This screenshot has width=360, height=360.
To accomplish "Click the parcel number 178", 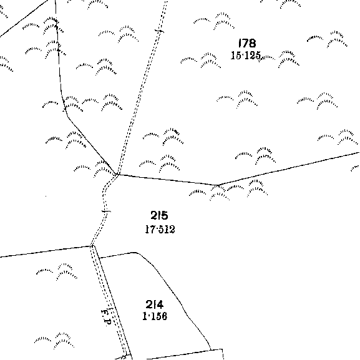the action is tap(247, 43).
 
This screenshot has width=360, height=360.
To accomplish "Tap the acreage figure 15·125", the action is tap(246, 56).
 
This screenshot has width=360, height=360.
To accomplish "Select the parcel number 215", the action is tap(159, 215).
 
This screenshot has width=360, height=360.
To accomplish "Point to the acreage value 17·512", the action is tap(160, 229).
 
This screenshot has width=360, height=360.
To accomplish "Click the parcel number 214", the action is tap(155, 304).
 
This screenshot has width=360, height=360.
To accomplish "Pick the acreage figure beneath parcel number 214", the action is tap(155, 316).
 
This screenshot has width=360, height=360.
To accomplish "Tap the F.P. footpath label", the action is tap(106, 318).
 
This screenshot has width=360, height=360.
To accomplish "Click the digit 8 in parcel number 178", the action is tap(252, 43).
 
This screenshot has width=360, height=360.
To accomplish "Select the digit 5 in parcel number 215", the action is tap(165, 215).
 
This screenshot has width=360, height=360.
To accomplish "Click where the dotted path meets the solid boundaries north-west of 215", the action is tap(119, 175).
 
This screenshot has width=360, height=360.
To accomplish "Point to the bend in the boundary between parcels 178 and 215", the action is tap(217, 185).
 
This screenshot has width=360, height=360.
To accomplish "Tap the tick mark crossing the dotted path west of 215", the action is tap(106, 212).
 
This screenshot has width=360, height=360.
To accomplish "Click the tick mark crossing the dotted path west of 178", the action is tap(159, 31).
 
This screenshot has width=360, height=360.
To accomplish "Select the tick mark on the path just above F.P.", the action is tap(110, 309).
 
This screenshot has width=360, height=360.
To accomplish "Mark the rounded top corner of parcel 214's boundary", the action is tap(135, 253).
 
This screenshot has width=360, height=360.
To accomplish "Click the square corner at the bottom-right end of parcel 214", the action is tap(222, 349).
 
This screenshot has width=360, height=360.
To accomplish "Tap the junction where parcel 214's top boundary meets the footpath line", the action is tap(99, 258).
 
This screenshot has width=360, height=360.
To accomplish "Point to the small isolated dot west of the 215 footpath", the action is tap(46, 196).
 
